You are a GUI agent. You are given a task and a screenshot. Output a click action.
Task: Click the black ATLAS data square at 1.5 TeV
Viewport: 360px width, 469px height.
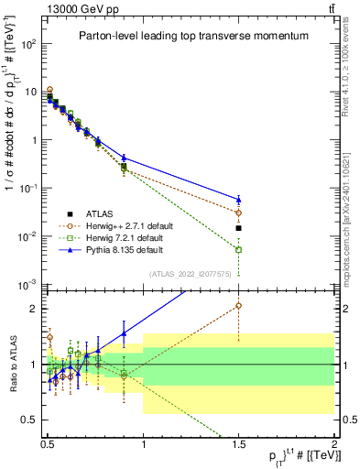coord(239,228)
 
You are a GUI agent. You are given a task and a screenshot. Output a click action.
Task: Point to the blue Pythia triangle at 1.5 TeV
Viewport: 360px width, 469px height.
coord(239,199)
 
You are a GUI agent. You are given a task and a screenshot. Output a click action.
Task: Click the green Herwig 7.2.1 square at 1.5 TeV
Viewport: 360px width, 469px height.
coord(239,249)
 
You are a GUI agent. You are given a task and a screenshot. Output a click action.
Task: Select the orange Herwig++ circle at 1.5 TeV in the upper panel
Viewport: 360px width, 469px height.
coord(239,213)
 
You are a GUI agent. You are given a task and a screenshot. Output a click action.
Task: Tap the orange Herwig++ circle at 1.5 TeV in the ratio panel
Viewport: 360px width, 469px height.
coord(239,306)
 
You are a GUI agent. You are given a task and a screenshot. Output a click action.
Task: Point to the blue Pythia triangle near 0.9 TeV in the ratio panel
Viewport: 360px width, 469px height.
coord(125,333)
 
